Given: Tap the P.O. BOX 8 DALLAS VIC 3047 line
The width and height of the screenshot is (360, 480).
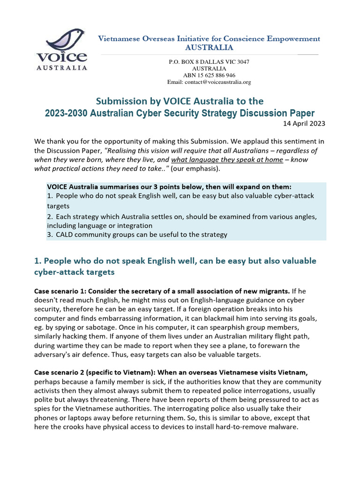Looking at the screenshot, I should coord(209,62).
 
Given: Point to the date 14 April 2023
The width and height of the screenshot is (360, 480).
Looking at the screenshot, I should coord(304,124).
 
